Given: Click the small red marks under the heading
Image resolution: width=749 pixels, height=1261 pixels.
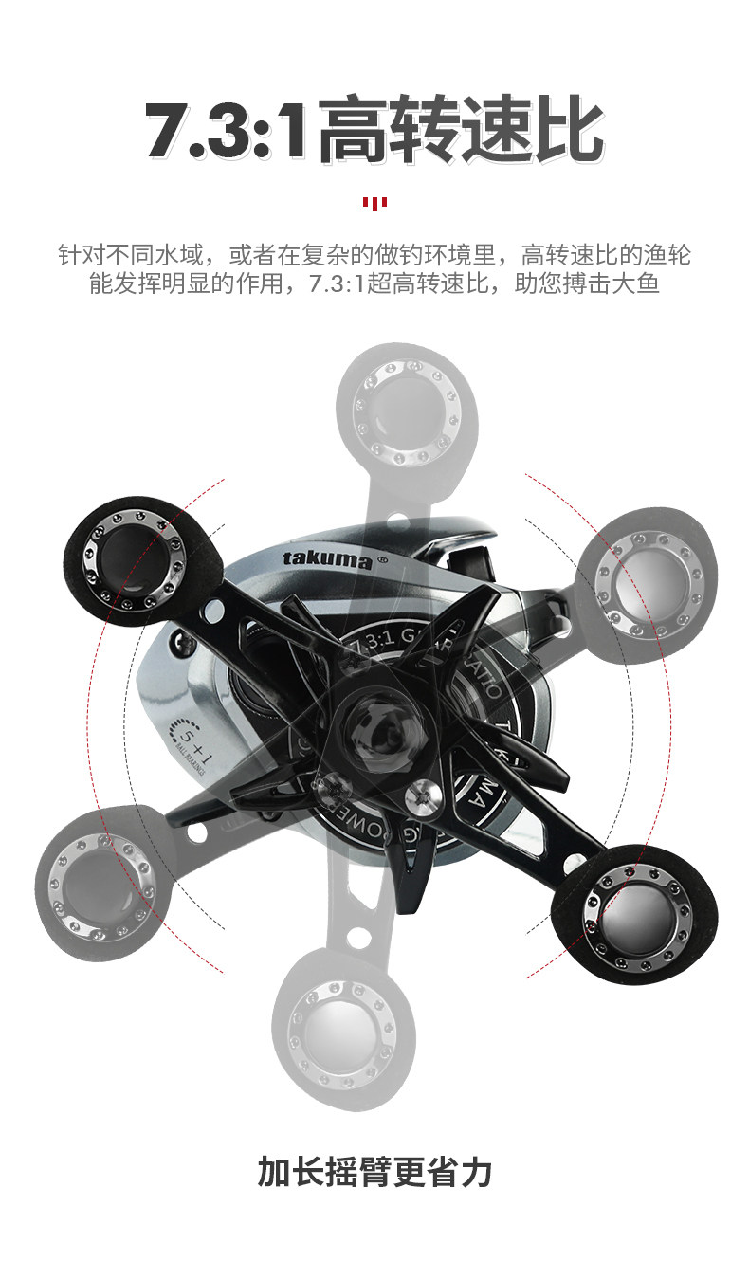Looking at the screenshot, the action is (x=374, y=202).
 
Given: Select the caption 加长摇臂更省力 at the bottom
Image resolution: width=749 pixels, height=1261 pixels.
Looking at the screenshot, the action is (x=374, y=1171).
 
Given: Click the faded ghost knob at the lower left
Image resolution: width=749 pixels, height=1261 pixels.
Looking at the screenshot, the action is (x=100, y=877).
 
